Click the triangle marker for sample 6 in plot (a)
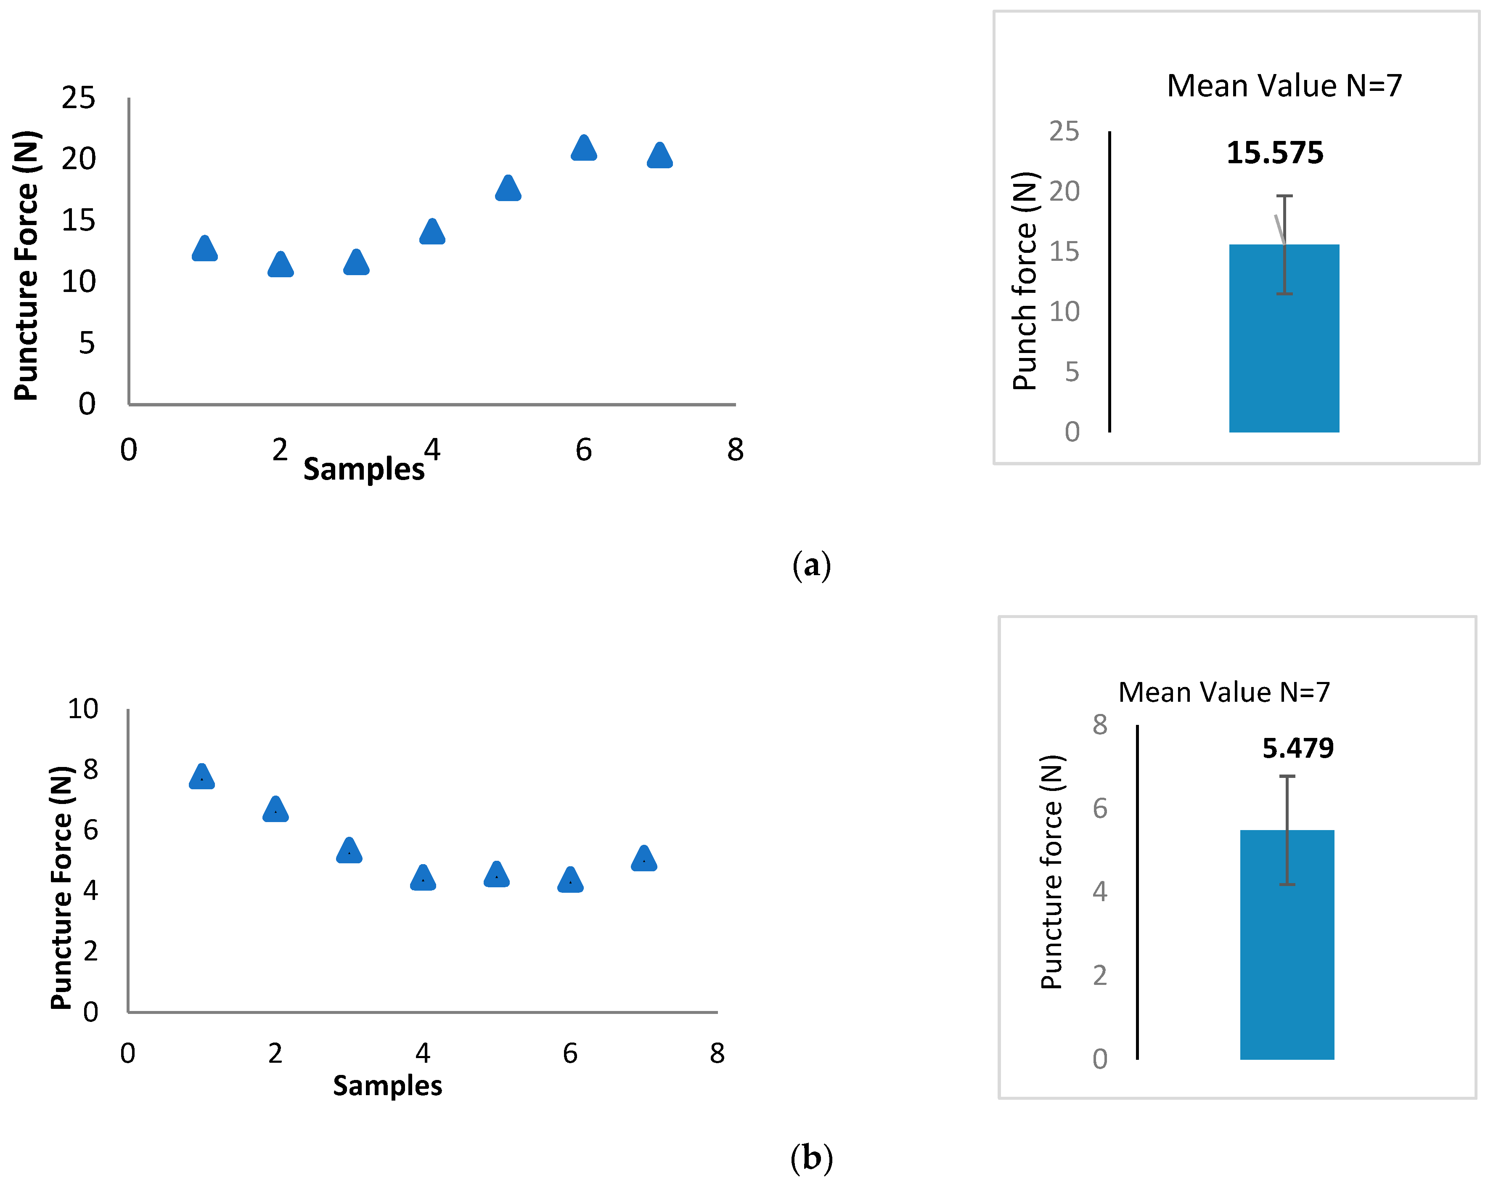(584, 149)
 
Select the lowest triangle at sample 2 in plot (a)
(280, 265)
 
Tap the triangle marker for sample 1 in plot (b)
(201, 777)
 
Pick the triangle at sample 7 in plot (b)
(644, 859)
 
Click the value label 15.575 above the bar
(1275, 153)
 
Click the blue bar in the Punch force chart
(1284, 345)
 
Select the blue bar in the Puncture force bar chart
(1287, 953)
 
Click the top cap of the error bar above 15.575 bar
(1284, 196)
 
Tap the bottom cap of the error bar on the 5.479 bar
(1287, 884)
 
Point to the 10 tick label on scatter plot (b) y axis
(83, 709)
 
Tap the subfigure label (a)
(812, 565)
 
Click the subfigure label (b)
(812, 1158)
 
